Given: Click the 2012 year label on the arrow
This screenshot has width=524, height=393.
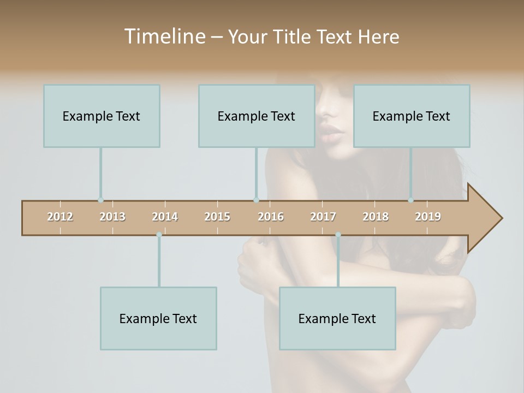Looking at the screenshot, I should point(60,217).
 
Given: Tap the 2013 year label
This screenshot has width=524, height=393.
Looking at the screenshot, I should point(112,217).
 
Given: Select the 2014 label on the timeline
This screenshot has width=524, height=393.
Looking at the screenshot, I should point(165,217).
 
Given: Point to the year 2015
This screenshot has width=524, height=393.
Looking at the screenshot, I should point(217,217).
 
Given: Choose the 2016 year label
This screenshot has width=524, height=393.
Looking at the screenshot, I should point(271,217).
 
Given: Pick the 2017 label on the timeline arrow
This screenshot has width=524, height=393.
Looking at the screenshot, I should point(323,217).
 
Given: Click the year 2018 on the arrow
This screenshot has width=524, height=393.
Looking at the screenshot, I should point(376,217).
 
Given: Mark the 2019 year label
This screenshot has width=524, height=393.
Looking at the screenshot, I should point(428,217).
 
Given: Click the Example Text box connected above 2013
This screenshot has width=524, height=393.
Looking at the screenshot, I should point(102,116).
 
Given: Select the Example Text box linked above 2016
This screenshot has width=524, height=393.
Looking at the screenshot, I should point(257,116).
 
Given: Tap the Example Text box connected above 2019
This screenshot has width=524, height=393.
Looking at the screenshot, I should point(412,116).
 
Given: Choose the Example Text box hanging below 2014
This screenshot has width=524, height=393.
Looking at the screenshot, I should point(158,318).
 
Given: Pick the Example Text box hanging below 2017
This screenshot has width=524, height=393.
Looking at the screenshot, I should point(337,318).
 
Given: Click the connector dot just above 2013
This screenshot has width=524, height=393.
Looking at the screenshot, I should point(100,200).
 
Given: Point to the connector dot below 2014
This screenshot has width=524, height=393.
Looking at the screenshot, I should point(159,235).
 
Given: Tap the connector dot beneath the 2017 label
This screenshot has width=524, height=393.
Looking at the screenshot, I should point(338,235).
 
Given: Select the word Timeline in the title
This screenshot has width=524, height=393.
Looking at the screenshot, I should point(164,37).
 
